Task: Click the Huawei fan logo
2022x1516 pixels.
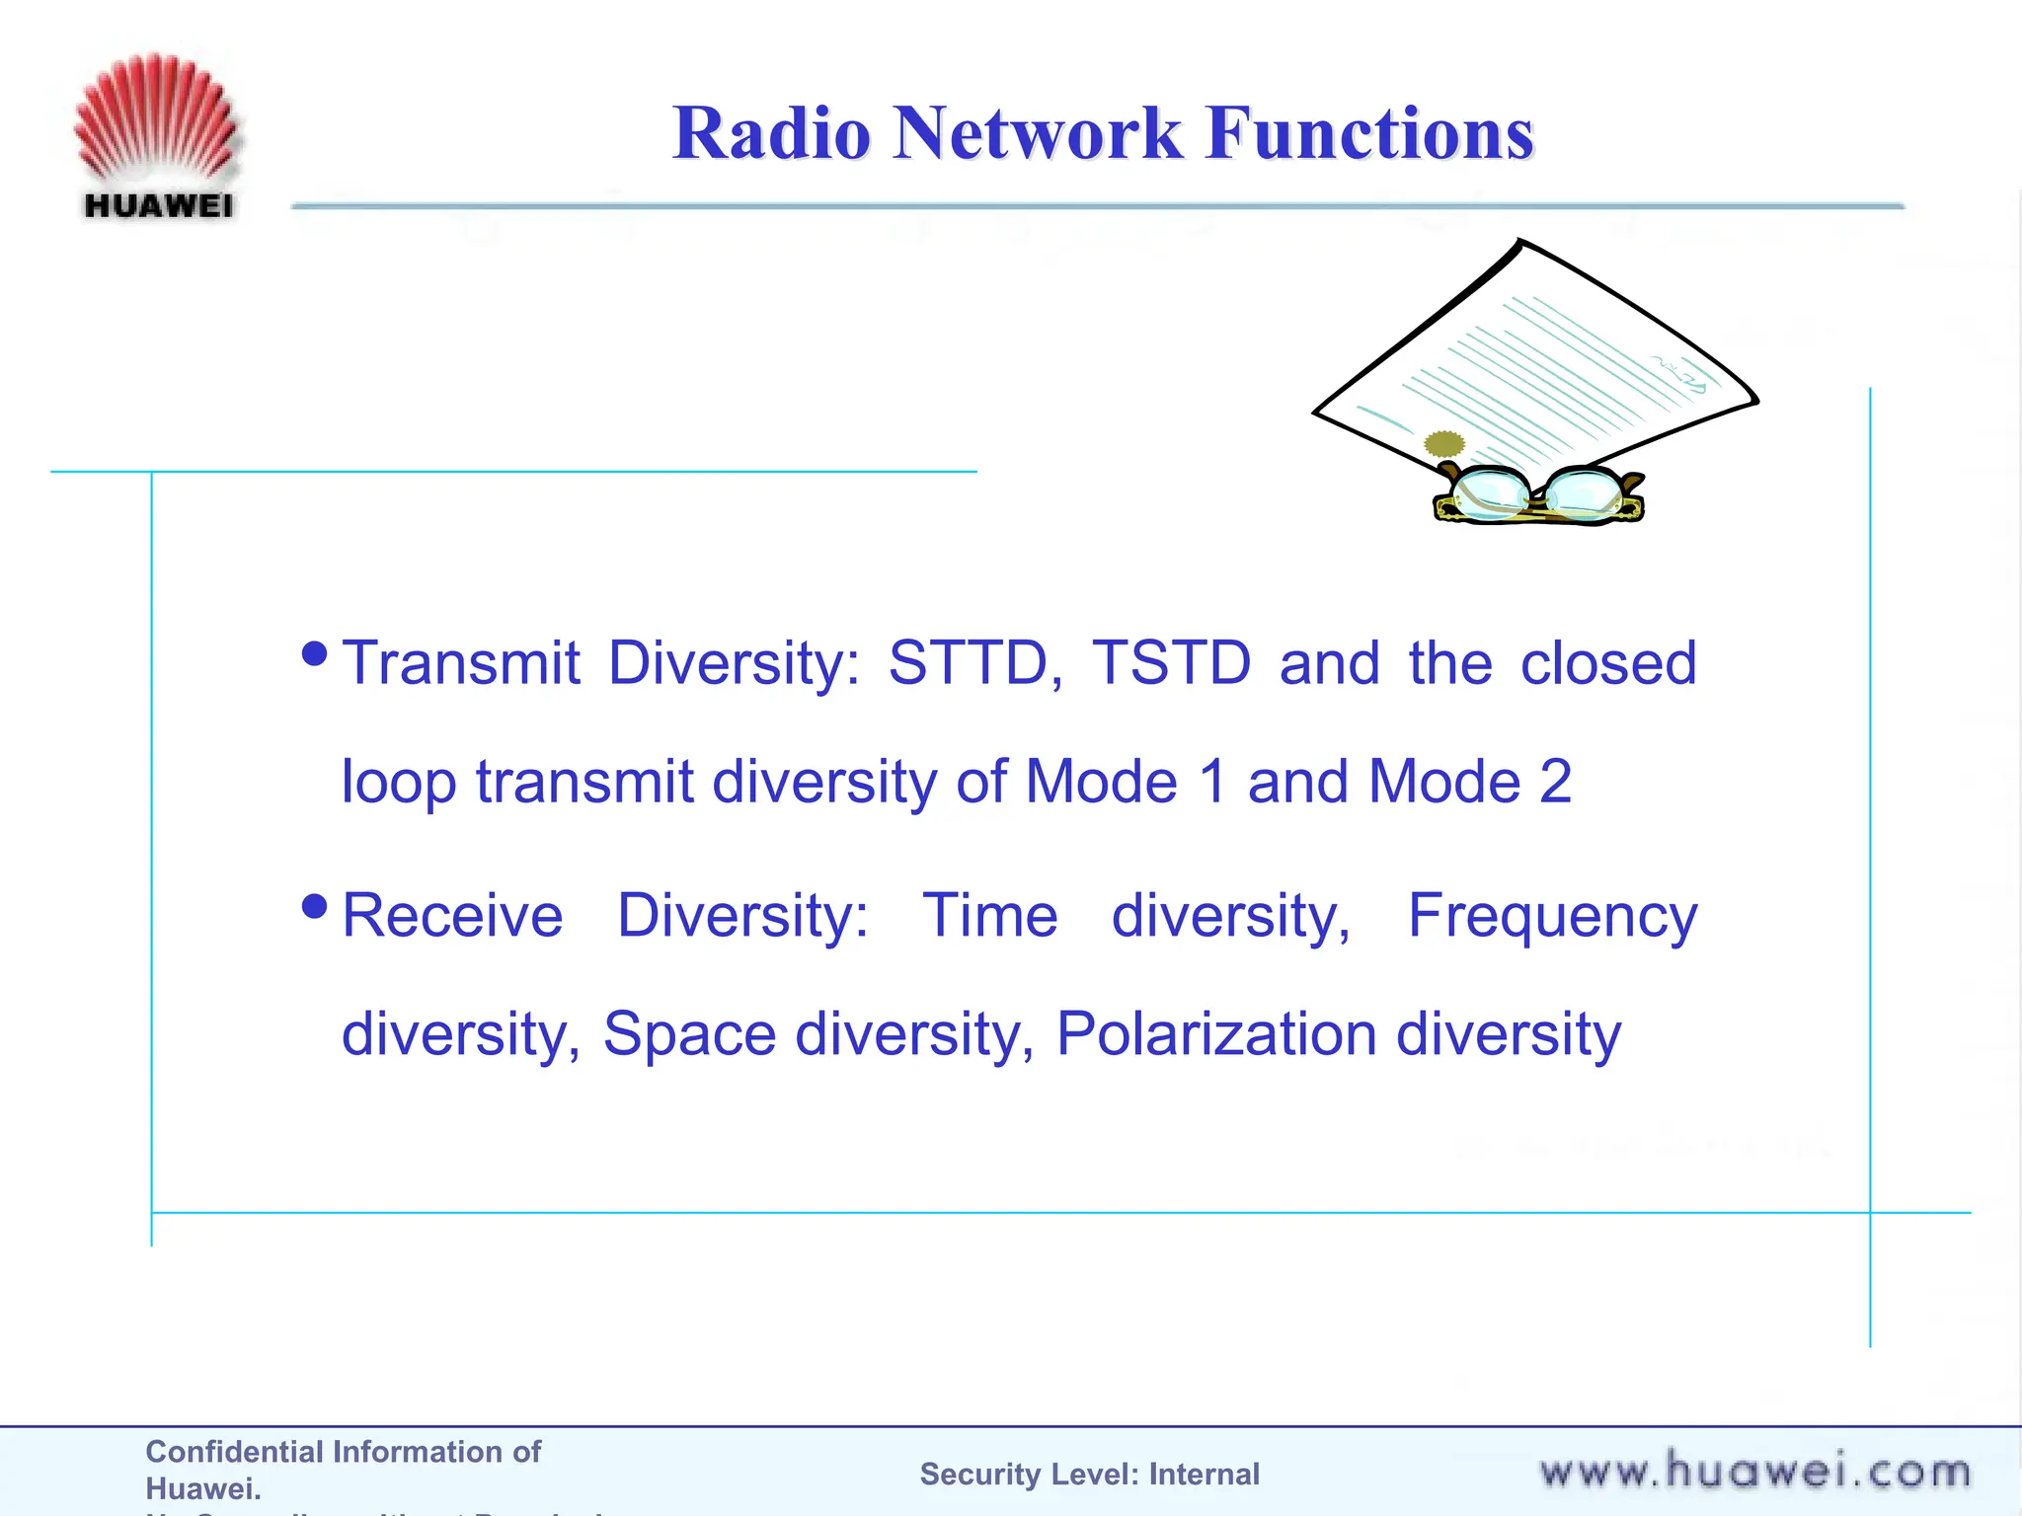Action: (x=156, y=123)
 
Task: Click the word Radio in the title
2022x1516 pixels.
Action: (x=772, y=133)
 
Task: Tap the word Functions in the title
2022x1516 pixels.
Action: (x=1369, y=133)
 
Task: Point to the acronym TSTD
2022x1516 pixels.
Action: (x=1171, y=662)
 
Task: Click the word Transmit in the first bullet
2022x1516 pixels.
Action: (x=461, y=662)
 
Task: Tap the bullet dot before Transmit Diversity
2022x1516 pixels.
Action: (x=315, y=653)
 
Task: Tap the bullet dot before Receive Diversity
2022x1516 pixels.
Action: (x=315, y=906)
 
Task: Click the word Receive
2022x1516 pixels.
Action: (x=452, y=915)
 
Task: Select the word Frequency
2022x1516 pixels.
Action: (x=1552, y=917)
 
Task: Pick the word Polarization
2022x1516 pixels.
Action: (x=1215, y=1034)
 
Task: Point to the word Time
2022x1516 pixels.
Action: (x=989, y=915)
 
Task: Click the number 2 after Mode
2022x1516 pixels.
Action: (x=1555, y=782)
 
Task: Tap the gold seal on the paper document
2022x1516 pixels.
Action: (x=1444, y=443)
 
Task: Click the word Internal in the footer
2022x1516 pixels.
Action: (x=1204, y=1474)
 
